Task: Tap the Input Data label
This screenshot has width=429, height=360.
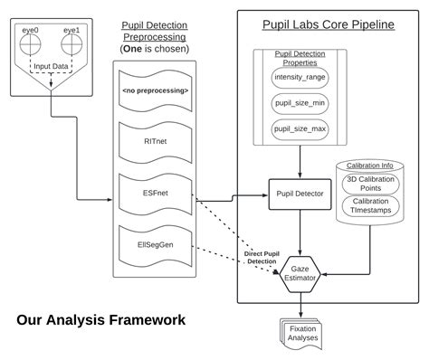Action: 51,67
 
